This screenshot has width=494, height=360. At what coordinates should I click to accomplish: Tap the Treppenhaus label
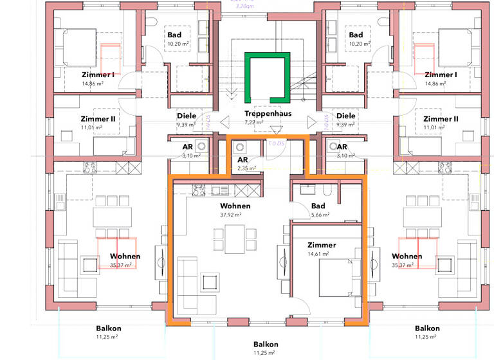(268, 113)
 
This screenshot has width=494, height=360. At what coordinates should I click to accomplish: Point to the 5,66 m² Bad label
(320, 215)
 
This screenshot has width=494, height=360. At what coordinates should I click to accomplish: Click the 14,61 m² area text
(322, 255)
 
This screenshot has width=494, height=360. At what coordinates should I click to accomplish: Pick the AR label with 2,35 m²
(243, 159)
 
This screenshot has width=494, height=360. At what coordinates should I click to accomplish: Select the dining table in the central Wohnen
(235, 240)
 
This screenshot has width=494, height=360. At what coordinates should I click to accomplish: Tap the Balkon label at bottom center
(266, 344)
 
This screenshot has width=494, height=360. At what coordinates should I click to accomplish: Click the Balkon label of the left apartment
(109, 328)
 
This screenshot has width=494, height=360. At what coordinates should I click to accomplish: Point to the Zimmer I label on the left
(98, 75)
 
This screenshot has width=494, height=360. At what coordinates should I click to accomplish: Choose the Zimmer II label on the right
(441, 119)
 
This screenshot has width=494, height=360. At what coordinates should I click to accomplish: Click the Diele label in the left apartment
(186, 116)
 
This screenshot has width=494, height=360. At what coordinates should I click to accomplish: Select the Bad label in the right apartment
(356, 35)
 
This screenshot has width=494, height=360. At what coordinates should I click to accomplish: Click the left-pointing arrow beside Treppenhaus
(224, 120)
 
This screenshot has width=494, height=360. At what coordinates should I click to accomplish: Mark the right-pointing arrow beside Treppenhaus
(311, 120)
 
